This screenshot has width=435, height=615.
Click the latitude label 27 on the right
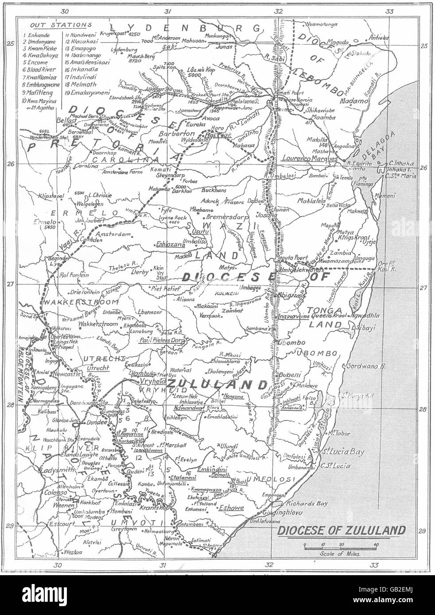423,288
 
